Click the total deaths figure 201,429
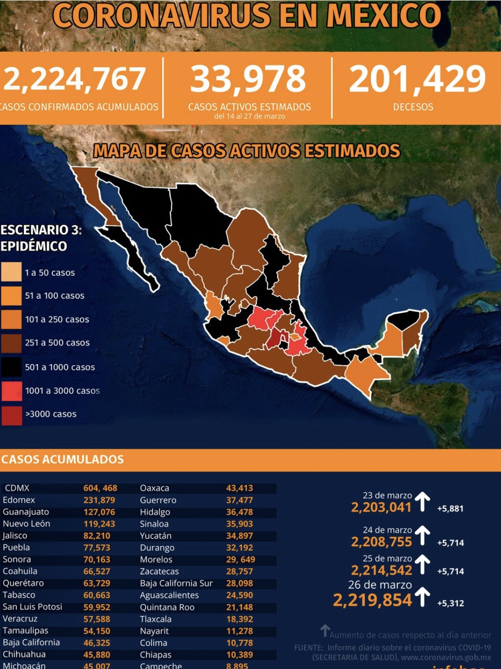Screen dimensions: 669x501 tap(417, 79)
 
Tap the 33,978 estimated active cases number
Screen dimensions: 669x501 tap(248, 79)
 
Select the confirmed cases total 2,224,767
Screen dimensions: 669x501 tap(74, 79)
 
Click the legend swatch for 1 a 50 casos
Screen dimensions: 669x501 tap(11, 272)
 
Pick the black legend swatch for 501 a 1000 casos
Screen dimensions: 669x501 tap(11, 367)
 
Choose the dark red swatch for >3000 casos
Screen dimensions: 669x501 tap(11, 414)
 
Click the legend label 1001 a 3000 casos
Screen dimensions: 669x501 tap(63, 391)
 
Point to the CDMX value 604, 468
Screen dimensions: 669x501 tap(100, 488)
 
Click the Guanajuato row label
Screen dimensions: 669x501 tap(26, 512)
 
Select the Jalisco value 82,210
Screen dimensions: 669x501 tap(97, 535)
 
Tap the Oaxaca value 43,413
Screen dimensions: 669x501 tap(240, 488)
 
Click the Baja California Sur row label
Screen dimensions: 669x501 tap(176, 583)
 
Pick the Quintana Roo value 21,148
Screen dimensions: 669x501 tap(240, 607)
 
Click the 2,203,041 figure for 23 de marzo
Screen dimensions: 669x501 tap(381, 507)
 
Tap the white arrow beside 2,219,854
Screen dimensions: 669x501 tap(422, 598)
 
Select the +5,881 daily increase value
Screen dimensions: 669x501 tap(450, 509)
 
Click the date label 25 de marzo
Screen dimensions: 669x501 tap(387, 558)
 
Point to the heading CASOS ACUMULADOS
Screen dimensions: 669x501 tap(63, 460)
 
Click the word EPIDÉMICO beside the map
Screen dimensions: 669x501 tap(34, 246)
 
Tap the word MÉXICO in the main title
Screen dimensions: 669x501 tap(384, 15)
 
